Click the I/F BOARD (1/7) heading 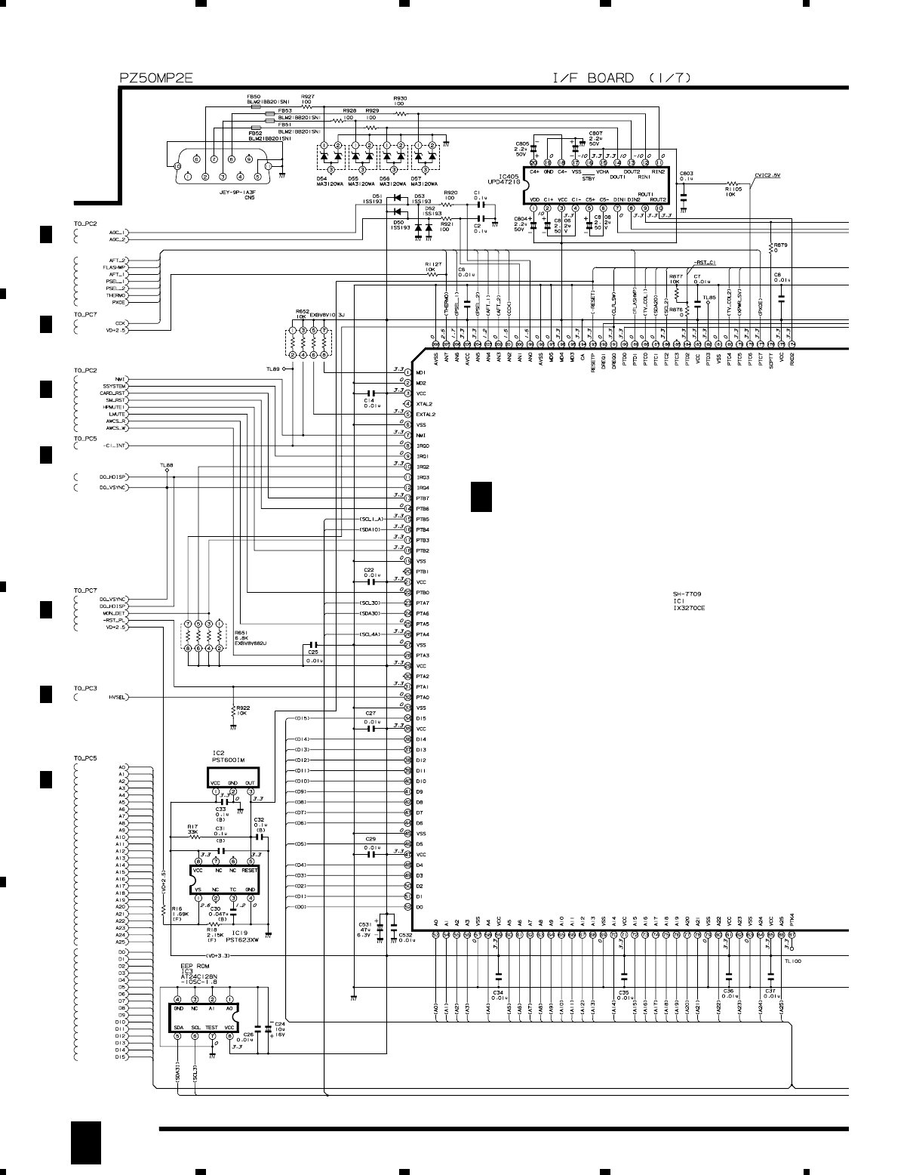[x=621, y=77]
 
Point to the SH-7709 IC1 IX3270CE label [x=689, y=600]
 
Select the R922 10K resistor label [x=242, y=710]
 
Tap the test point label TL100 [x=792, y=961]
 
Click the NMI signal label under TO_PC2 [x=121, y=379]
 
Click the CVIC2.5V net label [x=767, y=175]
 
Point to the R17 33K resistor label [x=192, y=829]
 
